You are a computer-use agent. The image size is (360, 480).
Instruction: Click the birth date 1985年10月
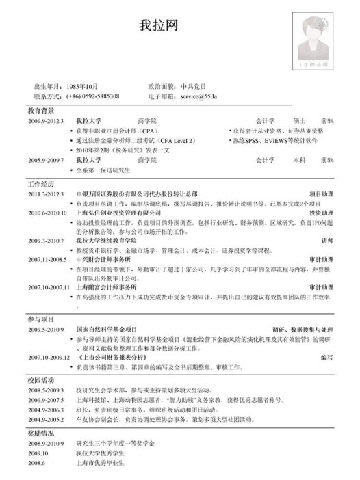(84, 87)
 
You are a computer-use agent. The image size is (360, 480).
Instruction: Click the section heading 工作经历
(41, 185)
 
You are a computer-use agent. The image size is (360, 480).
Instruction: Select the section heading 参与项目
(41, 319)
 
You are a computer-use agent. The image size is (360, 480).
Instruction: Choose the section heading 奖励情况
(41, 434)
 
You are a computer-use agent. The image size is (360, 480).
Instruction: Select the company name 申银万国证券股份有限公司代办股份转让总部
(137, 195)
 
